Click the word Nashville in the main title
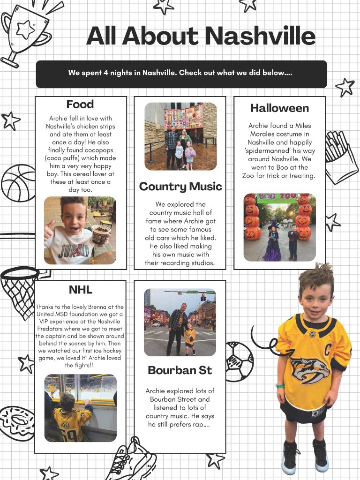point(260,36)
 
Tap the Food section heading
point(80,104)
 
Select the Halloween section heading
point(279,108)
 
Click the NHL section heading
point(81,289)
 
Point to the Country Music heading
point(180,187)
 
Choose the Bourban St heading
point(180,370)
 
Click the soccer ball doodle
point(239,361)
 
